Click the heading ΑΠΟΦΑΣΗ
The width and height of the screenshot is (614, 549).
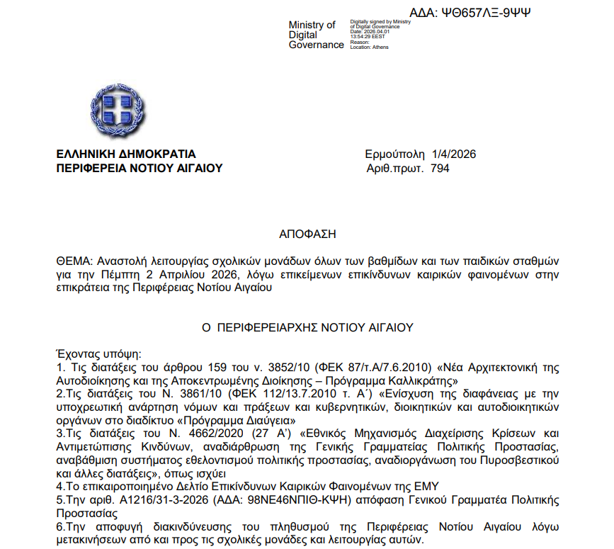[307, 233]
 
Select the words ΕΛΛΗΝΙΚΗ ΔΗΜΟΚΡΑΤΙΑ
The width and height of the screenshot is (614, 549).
[127, 154]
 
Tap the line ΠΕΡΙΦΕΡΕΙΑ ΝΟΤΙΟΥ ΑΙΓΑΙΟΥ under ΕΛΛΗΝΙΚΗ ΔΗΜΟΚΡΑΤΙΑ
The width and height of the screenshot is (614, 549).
[140, 169]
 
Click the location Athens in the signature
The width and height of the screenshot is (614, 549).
[381, 47]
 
